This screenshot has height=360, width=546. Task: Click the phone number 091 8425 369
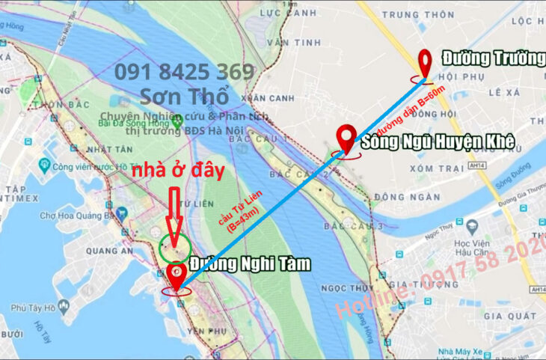click(x=184, y=73)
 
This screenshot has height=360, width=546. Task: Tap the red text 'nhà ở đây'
click(x=179, y=171)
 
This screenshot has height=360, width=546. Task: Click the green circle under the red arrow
click(x=174, y=248)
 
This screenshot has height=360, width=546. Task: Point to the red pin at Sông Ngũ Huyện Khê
click(x=346, y=139)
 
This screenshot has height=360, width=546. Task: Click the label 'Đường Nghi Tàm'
click(x=249, y=264)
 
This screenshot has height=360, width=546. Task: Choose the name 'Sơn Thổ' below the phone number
click(x=183, y=96)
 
